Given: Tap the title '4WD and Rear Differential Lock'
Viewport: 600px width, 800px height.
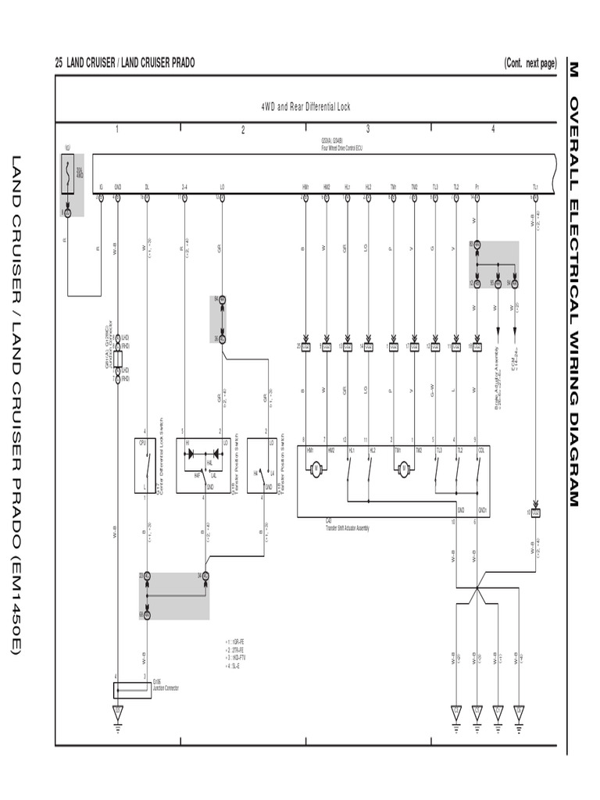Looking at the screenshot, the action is point(305,106).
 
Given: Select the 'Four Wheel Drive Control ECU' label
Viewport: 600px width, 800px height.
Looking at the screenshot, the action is point(341,146).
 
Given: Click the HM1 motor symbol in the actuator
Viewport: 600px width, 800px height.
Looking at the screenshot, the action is point(316,469).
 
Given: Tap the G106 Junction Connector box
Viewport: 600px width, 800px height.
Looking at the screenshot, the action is point(132,690).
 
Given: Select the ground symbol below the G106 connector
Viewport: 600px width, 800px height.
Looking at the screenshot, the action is point(118,713).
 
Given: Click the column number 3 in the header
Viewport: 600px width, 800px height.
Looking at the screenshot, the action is point(368,129).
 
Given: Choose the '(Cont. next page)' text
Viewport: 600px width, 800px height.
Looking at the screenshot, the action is point(530,63).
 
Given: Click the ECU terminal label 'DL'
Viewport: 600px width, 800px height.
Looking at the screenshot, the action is point(146,187).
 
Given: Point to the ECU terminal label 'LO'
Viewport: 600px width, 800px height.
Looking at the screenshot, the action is point(222,187).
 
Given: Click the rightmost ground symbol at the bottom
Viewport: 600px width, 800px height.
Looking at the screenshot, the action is point(519,713).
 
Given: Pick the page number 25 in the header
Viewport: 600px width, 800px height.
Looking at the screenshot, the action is point(59,63).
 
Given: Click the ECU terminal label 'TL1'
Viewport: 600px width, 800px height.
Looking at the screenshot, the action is point(535,187).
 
